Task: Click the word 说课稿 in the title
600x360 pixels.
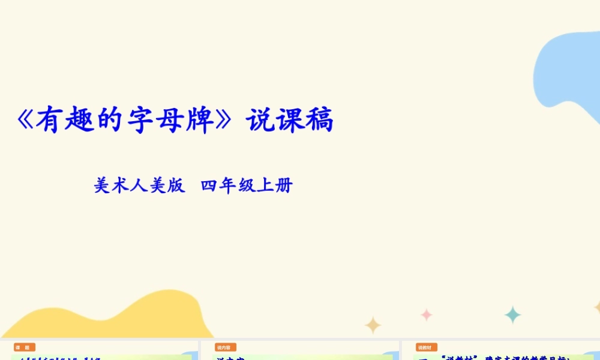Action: click(x=290, y=121)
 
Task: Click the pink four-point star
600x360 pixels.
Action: click(x=427, y=314)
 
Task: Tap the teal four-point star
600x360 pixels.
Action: click(x=512, y=314)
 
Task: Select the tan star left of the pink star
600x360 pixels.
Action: click(x=373, y=325)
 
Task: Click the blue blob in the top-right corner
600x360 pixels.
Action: click(x=570, y=66)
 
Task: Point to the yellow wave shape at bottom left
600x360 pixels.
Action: click(x=120, y=318)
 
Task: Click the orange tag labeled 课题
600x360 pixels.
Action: click(x=25, y=347)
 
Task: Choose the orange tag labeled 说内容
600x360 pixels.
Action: click(x=226, y=347)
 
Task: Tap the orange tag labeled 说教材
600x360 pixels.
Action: click(x=426, y=347)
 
